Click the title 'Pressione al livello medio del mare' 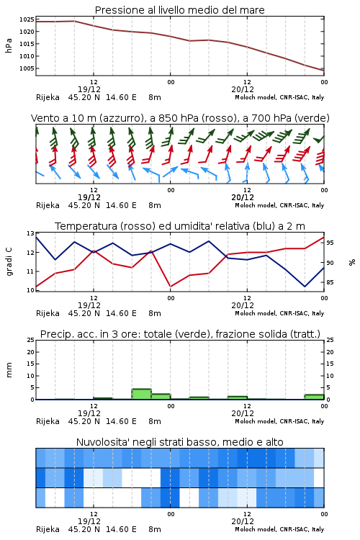pyautogui.click(x=179, y=10)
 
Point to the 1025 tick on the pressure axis pyautogui.click(x=27, y=19)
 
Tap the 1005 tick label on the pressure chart pyautogui.click(x=27, y=68)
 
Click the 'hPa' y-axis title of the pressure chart pyautogui.click(x=9, y=46)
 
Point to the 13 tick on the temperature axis pyautogui.click(x=30, y=233)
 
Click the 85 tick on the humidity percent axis pyautogui.click(x=330, y=282)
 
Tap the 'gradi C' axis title pyautogui.click(x=9, y=261)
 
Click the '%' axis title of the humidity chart pyautogui.click(x=352, y=262)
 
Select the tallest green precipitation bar pyautogui.click(x=142, y=394)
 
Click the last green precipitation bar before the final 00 pyautogui.click(x=314, y=397)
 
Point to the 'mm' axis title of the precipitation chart pyautogui.click(x=9, y=370)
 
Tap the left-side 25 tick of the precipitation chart pyautogui.click(x=30, y=341)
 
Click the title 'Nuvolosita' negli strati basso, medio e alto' pyautogui.click(x=179, y=442)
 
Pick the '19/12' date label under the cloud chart pyautogui.click(x=89, y=521)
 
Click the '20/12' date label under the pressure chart pyautogui.click(x=243, y=89)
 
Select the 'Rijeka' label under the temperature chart pyautogui.click(x=48, y=313)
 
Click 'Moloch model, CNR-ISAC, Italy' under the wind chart pyautogui.click(x=279, y=205)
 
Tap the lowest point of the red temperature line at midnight pyautogui.click(x=171, y=287)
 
